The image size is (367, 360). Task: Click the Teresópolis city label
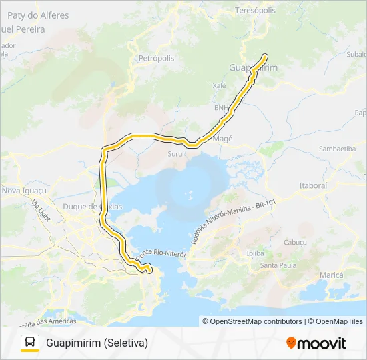(256, 11)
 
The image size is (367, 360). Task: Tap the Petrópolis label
(155, 59)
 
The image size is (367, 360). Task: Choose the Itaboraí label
(313, 185)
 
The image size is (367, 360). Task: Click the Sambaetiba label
(337, 149)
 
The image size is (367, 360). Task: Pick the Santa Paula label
(278, 267)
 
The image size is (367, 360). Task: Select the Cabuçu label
(294, 242)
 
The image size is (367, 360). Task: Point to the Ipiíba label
(256, 253)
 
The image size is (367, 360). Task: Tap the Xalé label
(220, 86)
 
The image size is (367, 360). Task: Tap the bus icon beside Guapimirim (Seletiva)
(30, 343)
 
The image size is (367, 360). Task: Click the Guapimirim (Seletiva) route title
(97, 343)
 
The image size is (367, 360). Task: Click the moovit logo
(316, 343)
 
